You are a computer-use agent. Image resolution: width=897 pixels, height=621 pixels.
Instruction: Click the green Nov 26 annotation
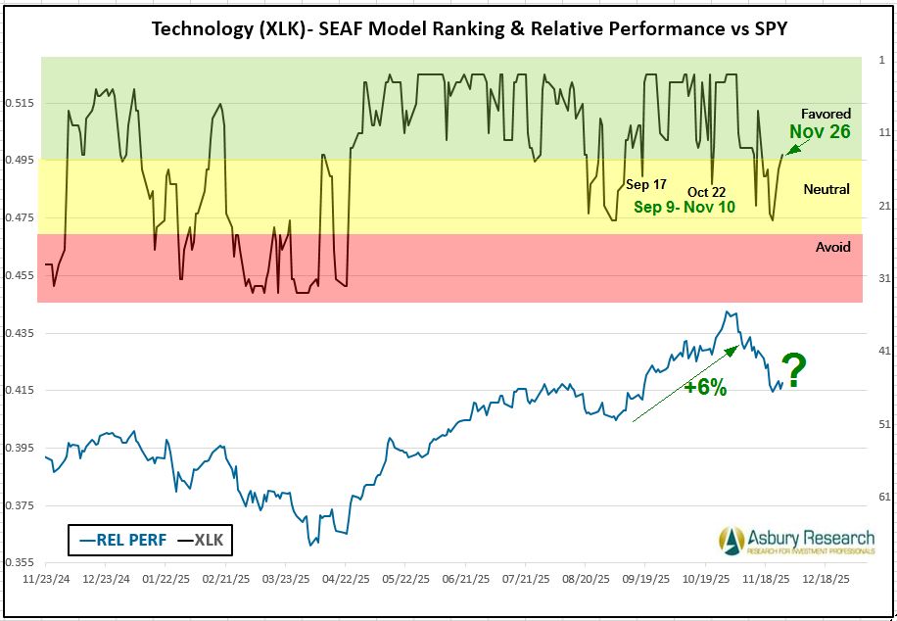[x=820, y=131]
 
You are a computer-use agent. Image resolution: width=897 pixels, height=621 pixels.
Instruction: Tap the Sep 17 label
[x=645, y=185]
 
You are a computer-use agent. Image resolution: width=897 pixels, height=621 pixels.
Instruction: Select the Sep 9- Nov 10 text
[x=684, y=207]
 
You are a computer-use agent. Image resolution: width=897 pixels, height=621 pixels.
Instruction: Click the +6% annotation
[x=705, y=387]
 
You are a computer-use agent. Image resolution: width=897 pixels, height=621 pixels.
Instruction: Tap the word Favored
[x=826, y=114]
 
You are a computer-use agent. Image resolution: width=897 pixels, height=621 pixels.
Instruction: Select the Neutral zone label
[x=826, y=189]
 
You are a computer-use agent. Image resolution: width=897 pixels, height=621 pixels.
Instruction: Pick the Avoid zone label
[x=832, y=247]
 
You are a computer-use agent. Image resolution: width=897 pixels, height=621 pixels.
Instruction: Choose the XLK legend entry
[x=201, y=539]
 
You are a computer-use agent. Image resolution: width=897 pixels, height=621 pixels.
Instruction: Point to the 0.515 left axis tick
[x=22, y=103]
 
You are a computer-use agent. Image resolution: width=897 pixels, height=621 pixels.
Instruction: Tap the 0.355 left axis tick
[x=22, y=562]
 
